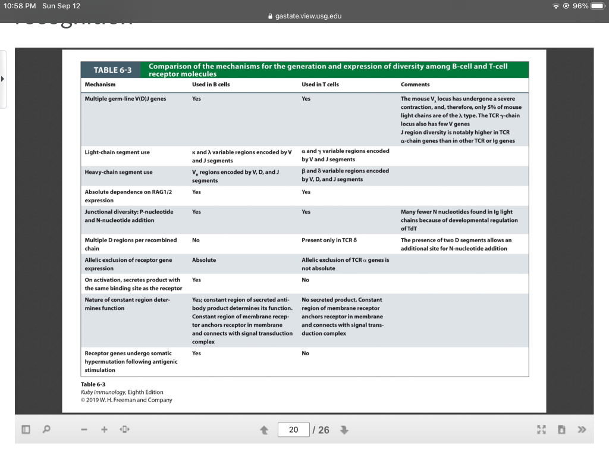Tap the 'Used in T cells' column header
click(320, 84)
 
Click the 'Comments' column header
click(415, 84)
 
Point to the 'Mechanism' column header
click(100, 84)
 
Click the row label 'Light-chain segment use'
click(117, 152)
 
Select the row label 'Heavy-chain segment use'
click(118, 172)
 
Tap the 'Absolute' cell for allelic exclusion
click(204, 260)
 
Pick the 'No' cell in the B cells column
click(196, 240)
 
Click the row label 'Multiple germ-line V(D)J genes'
click(125, 99)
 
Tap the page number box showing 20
click(293, 430)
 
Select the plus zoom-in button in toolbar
click(104, 430)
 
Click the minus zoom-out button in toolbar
click(86, 430)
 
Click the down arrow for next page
click(343, 430)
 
